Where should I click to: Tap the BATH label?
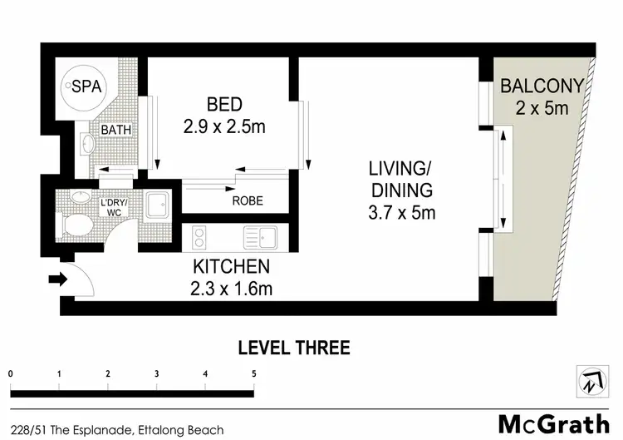[114, 131]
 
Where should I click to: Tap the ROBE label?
[248, 200]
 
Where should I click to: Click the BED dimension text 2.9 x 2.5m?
[223, 128]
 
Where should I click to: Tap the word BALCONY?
[542, 85]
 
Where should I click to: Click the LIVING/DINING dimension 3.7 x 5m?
[402, 212]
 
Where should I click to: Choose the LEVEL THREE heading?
[294, 347]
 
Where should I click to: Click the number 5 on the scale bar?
[253, 373]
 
